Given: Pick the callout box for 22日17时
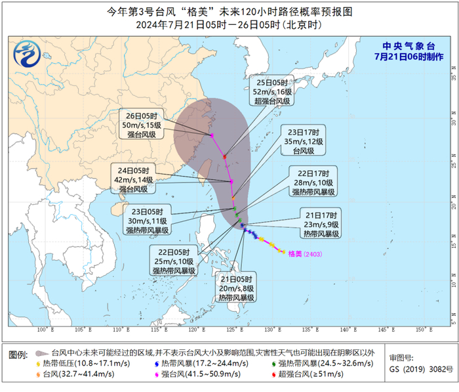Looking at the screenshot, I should (313, 182).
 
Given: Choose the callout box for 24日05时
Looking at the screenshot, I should (134, 179).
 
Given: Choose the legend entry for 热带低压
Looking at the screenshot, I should (73, 363).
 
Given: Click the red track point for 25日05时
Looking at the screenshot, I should (225, 156).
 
